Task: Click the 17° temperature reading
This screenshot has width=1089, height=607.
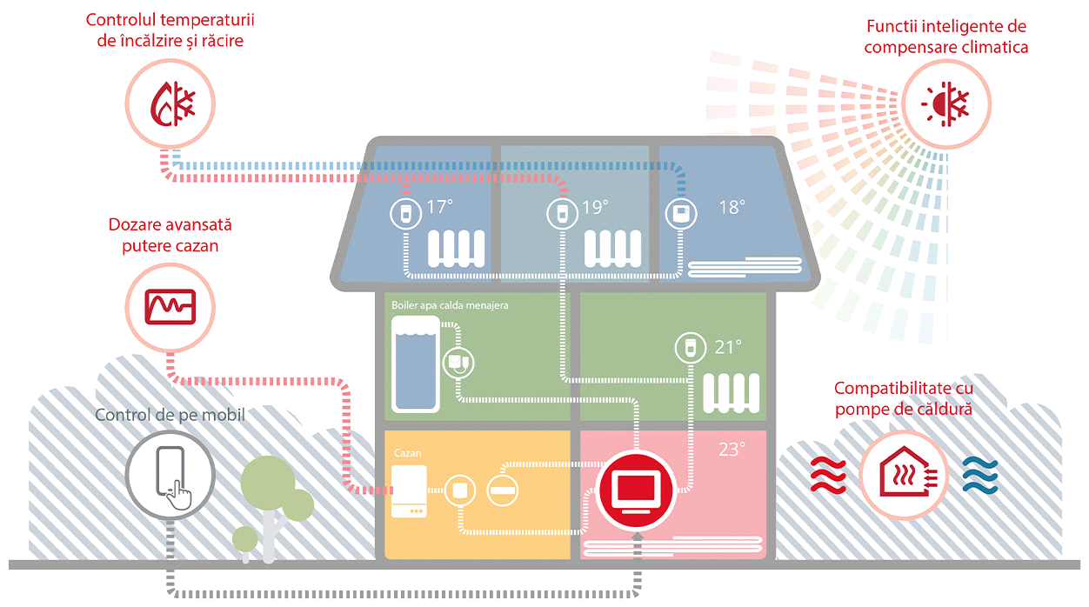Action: [439, 207]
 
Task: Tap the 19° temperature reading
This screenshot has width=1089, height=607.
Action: [595, 208]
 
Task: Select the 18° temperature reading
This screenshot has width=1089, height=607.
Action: [732, 208]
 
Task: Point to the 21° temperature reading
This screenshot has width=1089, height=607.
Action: [728, 348]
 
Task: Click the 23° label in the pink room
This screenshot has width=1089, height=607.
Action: [732, 450]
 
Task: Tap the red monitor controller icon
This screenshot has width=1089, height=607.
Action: [636, 490]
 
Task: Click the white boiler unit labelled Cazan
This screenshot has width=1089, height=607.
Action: [410, 490]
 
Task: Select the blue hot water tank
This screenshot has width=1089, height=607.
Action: [416, 364]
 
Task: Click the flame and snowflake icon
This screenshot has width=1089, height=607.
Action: [172, 104]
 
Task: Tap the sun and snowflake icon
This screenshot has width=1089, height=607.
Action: [945, 104]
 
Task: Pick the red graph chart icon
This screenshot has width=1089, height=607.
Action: [170, 307]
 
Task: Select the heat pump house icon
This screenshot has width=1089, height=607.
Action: [904, 471]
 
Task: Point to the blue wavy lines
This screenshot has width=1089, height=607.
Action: [980, 475]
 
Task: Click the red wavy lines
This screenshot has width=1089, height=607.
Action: [828, 475]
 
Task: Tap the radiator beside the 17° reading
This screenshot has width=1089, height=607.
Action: [456, 249]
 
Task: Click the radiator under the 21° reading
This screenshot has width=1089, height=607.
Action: [732, 393]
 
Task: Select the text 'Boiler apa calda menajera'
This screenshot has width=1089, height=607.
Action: [450, 305]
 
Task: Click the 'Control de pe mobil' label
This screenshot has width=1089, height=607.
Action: [170, 415]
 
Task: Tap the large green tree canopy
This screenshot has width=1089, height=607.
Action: [269, 483]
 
